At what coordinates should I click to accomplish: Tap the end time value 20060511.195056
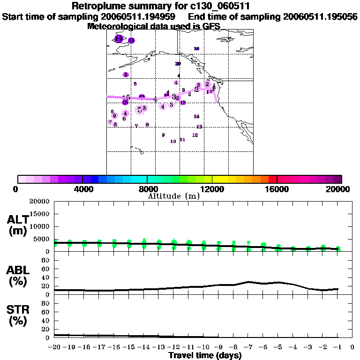[320, 16]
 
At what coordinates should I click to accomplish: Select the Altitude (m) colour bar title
[173, 196]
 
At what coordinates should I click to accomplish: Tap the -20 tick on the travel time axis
[54, 347]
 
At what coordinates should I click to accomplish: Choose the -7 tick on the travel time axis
[248, 347]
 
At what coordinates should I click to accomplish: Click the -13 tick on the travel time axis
[159, 347]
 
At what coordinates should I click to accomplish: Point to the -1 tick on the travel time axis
[338, 347]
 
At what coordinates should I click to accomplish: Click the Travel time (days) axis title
[205, 355]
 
